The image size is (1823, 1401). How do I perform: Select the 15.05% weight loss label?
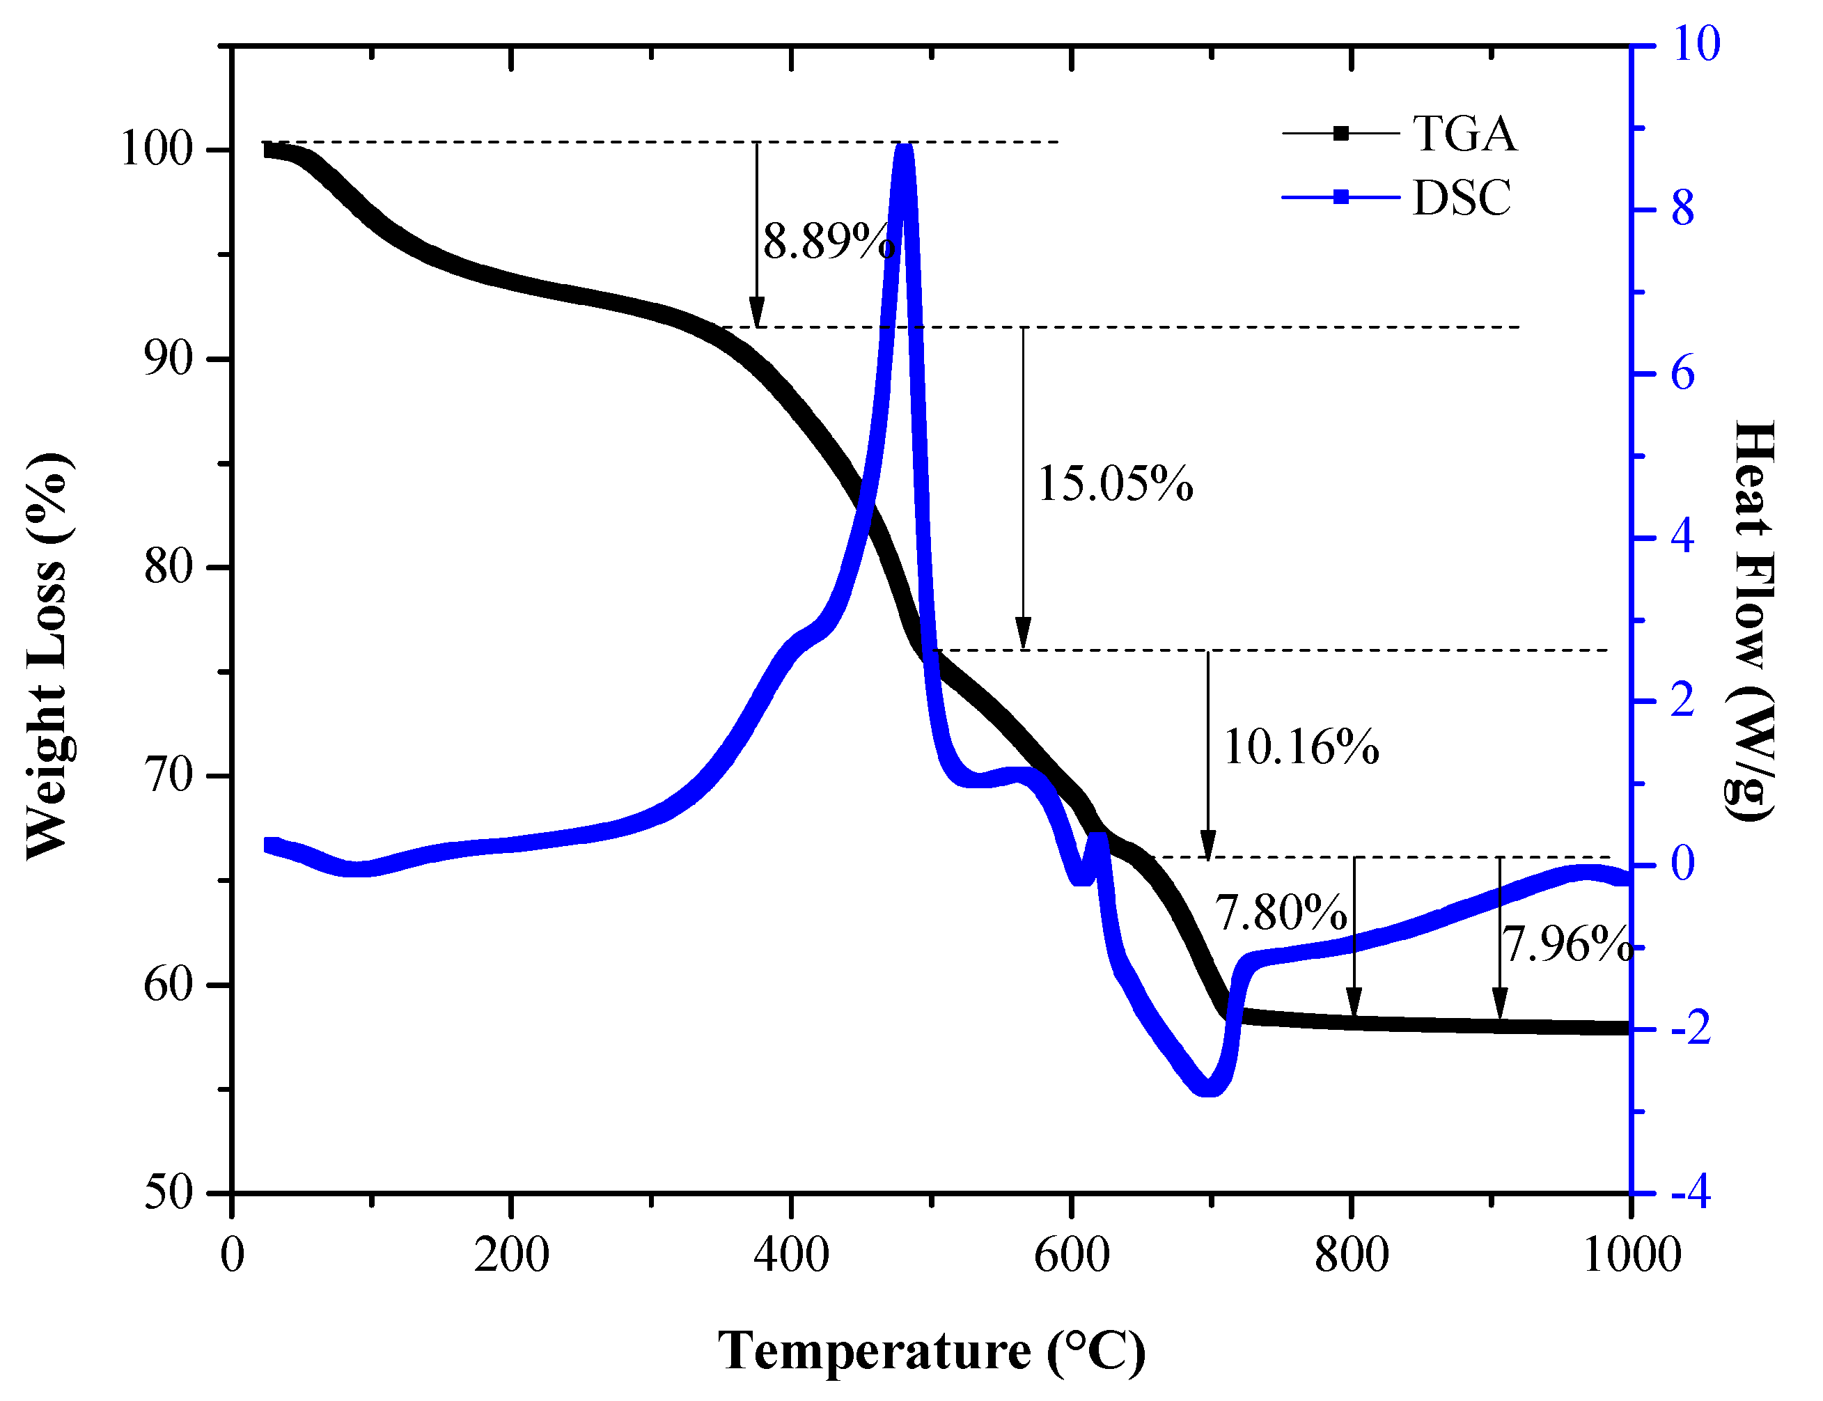pos(1114,484)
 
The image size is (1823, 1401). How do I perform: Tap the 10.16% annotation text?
pos(1300,746)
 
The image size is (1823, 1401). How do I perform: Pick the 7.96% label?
pos(1566,945)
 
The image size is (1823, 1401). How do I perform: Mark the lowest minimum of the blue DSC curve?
pos(1207,1088)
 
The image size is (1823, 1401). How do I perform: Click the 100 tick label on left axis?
pos(157,150)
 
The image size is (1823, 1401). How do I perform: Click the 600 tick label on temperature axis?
pos(1072,1254)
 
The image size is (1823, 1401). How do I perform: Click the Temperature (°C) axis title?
pos(932,1351)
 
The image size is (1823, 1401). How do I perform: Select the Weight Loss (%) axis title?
pos(47,657)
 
